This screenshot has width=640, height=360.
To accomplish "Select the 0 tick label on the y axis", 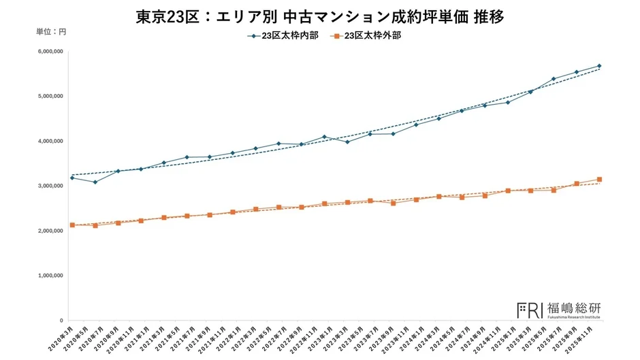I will [x=61, y=321].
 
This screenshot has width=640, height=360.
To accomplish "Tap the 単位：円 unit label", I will [x=51, y=31].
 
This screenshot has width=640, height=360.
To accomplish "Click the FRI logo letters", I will [x=530, y=310].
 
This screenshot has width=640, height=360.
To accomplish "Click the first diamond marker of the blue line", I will [x=72, y=178].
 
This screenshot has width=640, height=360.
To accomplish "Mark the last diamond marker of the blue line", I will [x=599, y=66].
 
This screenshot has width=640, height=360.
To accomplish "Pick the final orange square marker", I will [x=599, y=180].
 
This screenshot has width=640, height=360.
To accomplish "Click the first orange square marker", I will [x=72, y=225].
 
